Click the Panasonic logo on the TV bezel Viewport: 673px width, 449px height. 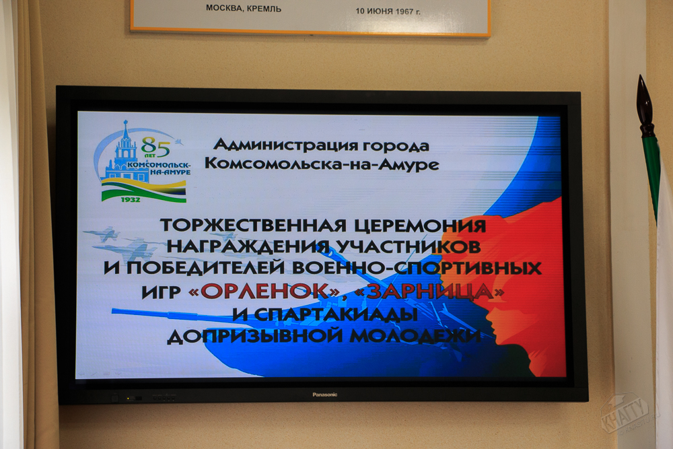(x=324, y=394)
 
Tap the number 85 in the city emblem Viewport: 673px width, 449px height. (x=155, y=147)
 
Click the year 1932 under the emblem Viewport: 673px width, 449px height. (x=131, y=200)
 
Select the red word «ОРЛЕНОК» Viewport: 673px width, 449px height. (x=264, y=291)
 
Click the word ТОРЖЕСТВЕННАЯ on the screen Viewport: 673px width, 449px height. (x=253, y=226)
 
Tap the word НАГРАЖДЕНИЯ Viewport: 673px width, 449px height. (x=248, y=246)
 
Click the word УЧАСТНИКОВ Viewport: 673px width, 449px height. (x=409, y=246)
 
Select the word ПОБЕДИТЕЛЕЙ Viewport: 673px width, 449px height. (x=205, y=268)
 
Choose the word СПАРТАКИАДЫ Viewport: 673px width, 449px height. (x=336, y=314)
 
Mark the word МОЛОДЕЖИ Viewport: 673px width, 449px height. (x=415, y=335)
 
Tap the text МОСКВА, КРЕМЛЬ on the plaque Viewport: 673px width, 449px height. (x=244, y=8)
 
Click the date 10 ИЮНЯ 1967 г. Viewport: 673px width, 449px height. (x=388, y=11)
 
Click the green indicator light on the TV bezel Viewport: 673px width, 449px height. (x=128, y=399)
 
